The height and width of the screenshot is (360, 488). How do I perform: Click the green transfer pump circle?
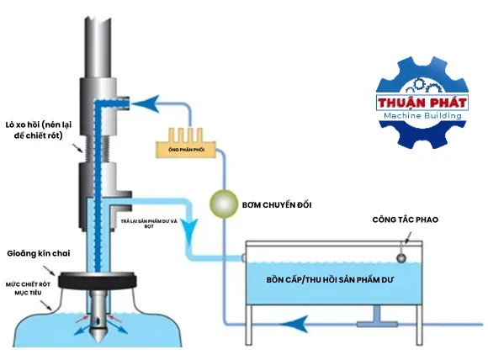pos(224,204)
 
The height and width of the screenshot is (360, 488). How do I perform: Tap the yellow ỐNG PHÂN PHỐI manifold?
pos(185,144)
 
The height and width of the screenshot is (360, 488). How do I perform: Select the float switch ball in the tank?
pos(401,258)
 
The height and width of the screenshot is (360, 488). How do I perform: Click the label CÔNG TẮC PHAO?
pos(406,220)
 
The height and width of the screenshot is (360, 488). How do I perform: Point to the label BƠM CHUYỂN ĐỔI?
pos(277,205)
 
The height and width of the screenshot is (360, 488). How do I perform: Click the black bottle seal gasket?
pos(97,280)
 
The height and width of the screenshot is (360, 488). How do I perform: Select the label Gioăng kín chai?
pos(39,253)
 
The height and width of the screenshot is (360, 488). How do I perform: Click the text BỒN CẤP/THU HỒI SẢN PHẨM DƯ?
pos(330,280)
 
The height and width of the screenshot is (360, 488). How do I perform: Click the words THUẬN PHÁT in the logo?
pos(422,103)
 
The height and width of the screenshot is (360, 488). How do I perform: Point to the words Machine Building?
pos(422,116)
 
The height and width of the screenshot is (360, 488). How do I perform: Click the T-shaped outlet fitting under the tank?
pos(377,317)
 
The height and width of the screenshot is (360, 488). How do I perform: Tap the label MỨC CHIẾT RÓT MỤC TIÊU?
pos(28,289)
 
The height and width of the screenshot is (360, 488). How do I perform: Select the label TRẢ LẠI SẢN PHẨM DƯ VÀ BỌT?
pos(149,224)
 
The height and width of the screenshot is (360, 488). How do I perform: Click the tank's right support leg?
pos(419,326)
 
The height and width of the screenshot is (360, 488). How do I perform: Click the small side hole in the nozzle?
pos(98,321)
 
